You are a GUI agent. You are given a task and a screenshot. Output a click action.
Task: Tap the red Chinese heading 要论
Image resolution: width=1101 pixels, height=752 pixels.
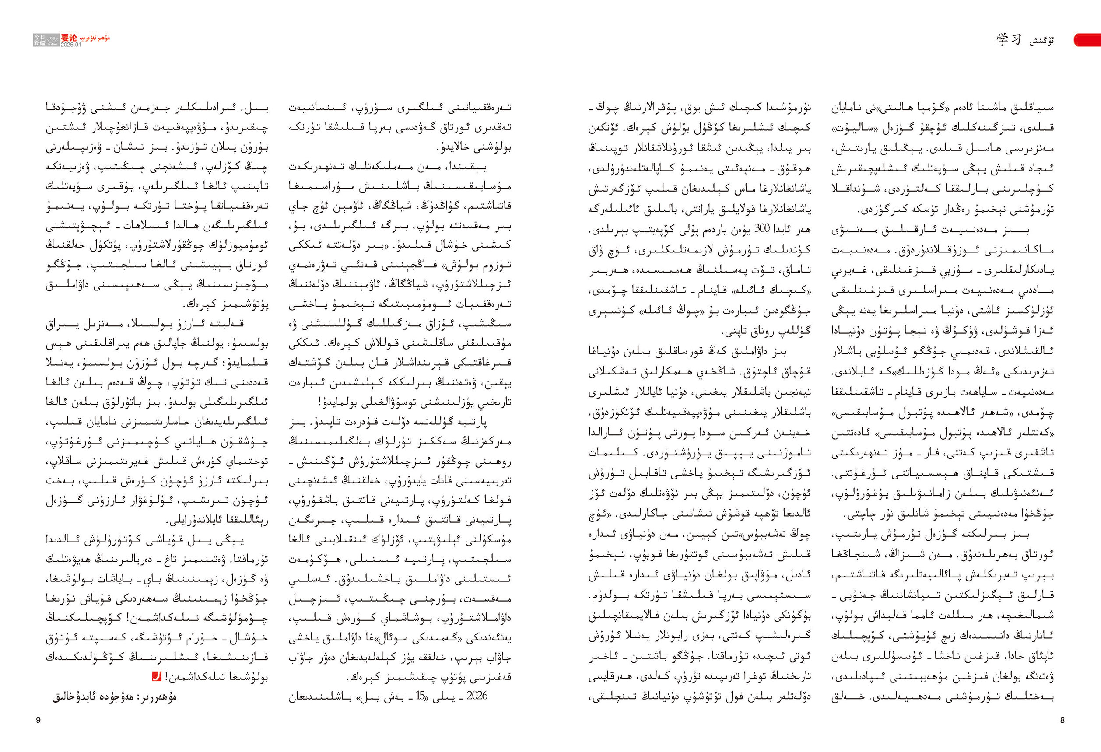[69, 38]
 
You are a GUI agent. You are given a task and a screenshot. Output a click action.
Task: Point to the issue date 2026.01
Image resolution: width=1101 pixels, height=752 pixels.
[70, 45]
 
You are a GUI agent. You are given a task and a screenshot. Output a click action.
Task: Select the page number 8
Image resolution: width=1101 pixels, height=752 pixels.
[1062, 720]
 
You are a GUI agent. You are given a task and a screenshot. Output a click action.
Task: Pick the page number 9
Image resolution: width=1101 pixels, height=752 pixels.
[39, 720]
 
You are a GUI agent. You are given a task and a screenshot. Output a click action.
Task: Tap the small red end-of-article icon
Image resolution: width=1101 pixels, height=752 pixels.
[156, 677]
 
